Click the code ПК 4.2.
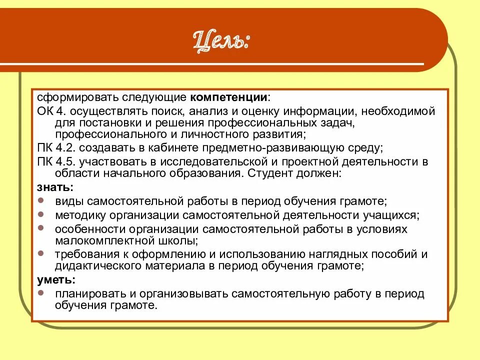coord(55,147)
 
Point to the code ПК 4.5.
coord(55,162)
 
